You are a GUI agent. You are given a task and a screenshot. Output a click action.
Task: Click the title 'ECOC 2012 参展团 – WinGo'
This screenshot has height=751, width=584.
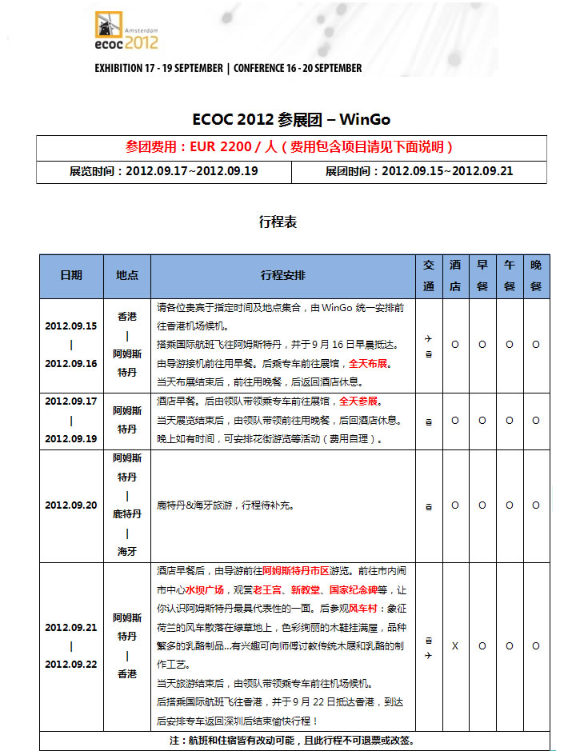(x=291, y=119)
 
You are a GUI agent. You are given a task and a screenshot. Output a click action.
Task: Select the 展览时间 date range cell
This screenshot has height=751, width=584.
(x=164, y=171)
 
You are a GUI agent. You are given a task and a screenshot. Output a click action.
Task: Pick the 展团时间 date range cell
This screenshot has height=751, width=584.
(x=419, y=171)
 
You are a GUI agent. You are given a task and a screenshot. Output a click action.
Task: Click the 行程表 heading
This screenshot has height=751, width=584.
(x=278, y=222)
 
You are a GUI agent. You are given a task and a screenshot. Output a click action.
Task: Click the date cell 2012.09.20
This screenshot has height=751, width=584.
(x=71, y=505)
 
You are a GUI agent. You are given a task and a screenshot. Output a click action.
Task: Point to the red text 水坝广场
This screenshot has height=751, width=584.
(x=205, y=590)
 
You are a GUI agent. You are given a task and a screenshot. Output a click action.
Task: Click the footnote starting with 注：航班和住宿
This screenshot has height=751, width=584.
(x=292, y=741)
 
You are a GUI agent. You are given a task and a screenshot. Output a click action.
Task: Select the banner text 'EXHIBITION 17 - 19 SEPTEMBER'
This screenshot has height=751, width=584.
(x=158, y=68)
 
